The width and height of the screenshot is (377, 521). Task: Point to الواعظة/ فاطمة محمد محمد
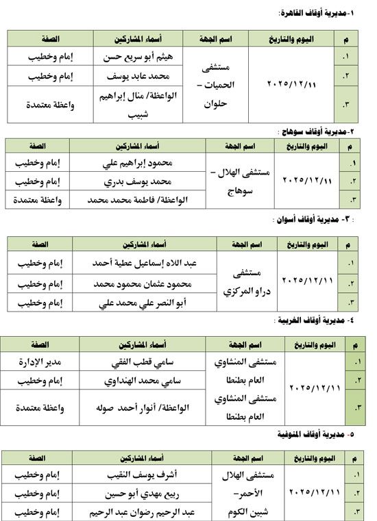(x=138, y=200)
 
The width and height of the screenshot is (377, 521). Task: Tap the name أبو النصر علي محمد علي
(x=138, y=302)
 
